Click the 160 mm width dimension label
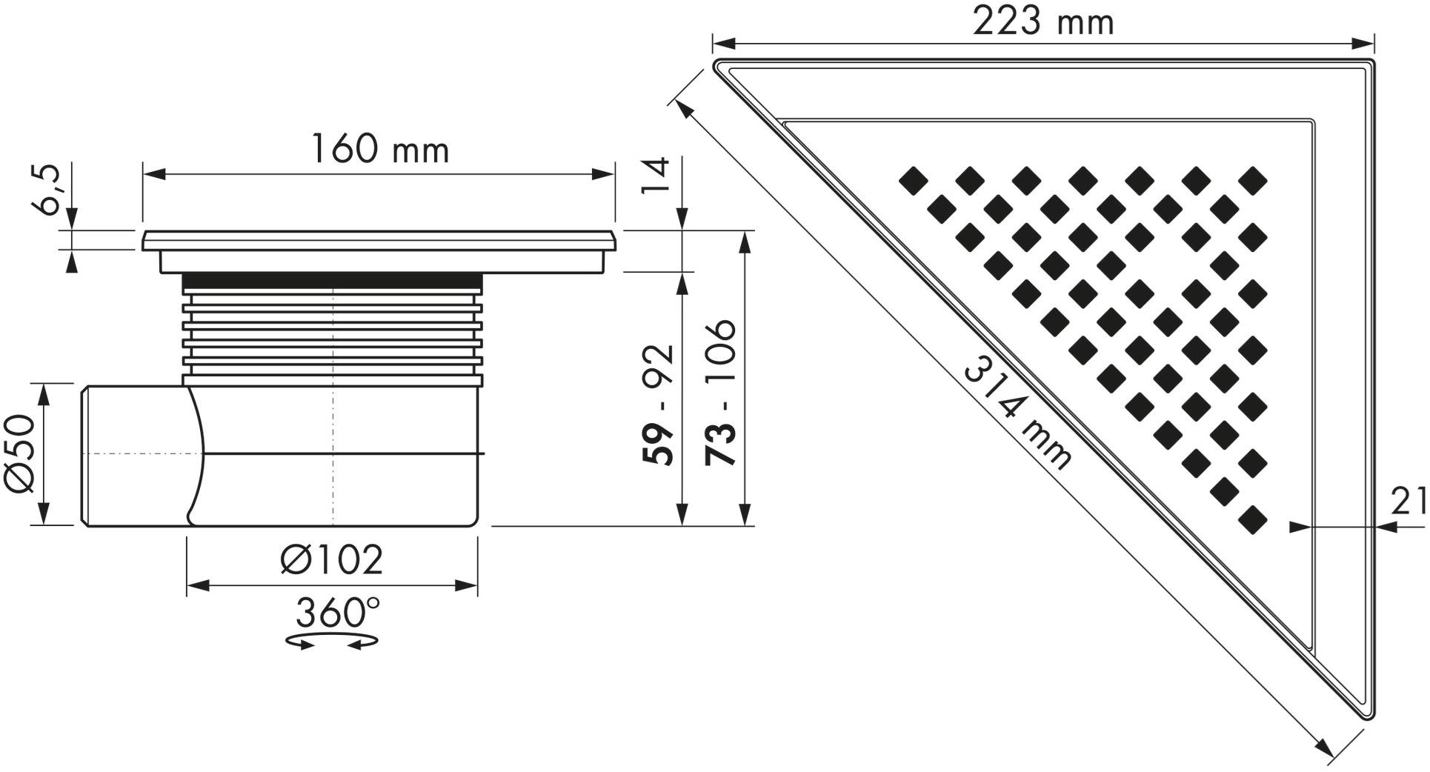click(x=379, y=150)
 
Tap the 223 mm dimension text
click(x=1042, y=22)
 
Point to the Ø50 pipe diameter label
click(x=21, y=453)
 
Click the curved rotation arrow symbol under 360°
click(x=331, y=641)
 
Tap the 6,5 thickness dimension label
click(x=49, y=190)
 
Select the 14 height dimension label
click(x=656, y=176)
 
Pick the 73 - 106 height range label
click(x=721, y=393)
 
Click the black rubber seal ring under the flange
click(x=332, y=282)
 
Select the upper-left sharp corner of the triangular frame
click(x=718, y=65)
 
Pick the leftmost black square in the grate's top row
click(x=913, y=181)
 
